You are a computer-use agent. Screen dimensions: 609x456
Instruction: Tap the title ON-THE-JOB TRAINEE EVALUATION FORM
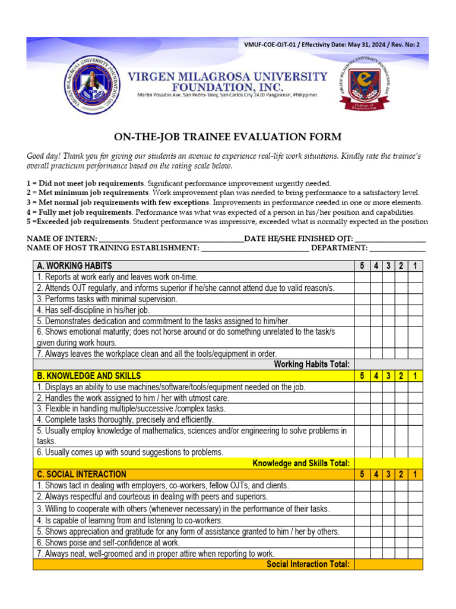(228, 137)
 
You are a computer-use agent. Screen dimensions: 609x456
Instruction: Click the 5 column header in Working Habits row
(362, 265)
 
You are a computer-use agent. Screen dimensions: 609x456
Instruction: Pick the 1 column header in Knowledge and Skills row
(416, 376)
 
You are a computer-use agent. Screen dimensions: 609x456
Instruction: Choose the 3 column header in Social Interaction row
(388, 474)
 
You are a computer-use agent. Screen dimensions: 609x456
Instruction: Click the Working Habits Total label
(312, 364)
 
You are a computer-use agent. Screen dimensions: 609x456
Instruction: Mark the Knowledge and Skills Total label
(301, 463)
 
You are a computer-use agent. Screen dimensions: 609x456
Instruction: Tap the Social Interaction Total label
(308, 564)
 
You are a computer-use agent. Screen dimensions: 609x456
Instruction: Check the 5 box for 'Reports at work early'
(362, 277)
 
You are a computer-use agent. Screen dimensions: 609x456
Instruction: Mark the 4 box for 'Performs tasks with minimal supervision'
(376, 299)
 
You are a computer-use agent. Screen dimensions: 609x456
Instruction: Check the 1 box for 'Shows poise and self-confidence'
(416, 542)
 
